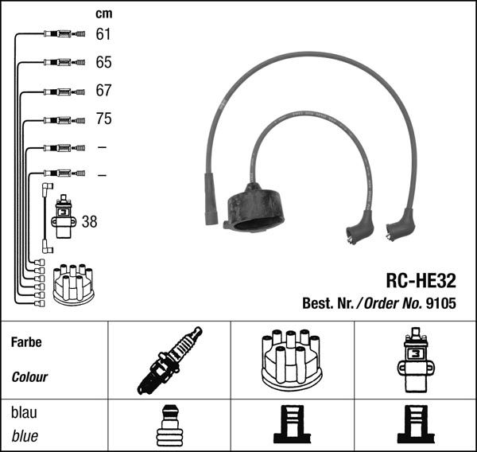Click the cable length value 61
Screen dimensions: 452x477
point(103,34)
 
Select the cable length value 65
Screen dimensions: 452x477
point(103,62)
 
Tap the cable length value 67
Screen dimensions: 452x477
point(103,92)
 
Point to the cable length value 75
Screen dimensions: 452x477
point(103,119)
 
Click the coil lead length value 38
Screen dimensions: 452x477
point(89,222)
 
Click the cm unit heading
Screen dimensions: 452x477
point(103,14)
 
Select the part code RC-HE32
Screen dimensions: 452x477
point(421,281)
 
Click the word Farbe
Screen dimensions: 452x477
point(25,342)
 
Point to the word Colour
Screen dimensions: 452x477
point(29,377)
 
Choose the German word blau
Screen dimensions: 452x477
point(24,414)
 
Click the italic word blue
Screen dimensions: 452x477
point(25,436)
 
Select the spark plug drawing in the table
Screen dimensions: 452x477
point(168,360)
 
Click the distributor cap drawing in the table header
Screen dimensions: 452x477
point(290,360)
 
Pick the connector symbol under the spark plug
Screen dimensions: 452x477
point(168,427)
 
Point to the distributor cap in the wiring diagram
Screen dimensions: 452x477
point(72,284)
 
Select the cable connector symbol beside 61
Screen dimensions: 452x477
point(61,34)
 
